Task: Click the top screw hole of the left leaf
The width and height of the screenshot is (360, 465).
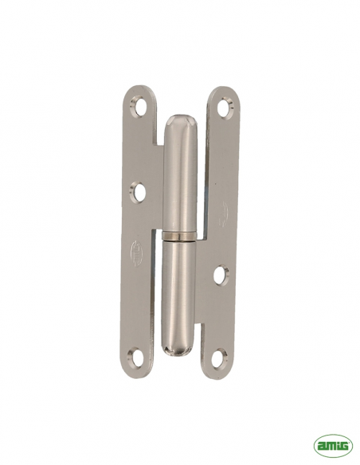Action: click(138, 107)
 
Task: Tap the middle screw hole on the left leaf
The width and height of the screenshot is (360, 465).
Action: click(139, 190)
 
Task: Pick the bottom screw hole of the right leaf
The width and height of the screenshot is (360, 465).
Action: click(220, 357)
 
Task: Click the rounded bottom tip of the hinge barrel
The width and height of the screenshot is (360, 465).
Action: click(176, 351)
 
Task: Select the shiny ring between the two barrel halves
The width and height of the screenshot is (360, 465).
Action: click(179, 235)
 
